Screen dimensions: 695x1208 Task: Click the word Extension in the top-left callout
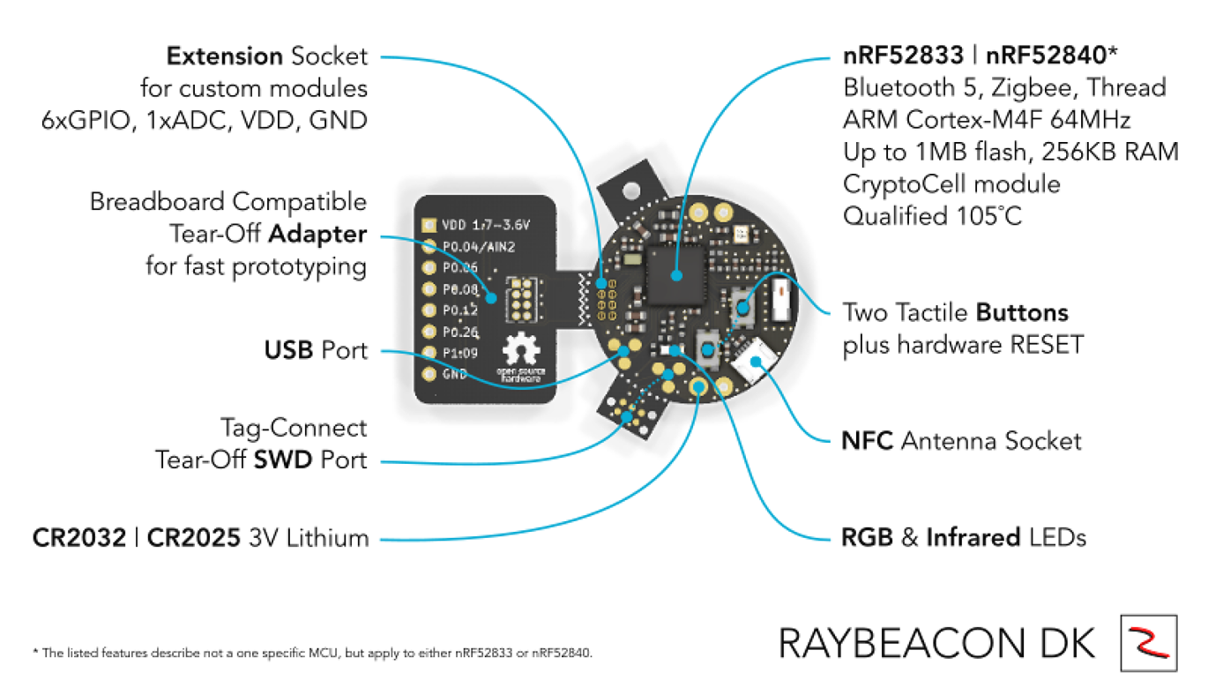[x=224, y=57]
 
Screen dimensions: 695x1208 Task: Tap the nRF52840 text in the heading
[x=1046, y=57]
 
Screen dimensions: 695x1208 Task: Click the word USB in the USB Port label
[x=289, y=351]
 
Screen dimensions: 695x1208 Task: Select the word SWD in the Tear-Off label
[x=284, y=460]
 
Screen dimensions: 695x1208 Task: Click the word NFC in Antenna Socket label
[x=869, y=440]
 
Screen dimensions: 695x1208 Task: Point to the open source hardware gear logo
[x=520, y=352]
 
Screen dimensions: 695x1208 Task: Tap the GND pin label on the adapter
[x=454, y=374]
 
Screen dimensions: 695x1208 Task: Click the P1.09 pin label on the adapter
[x=459, y=353]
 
